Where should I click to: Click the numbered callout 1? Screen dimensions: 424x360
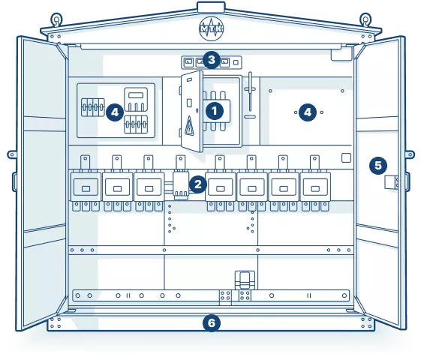[x=215, y=111]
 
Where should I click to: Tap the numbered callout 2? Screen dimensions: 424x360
[x=198, y=184]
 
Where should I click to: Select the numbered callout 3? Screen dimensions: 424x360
[x=212, y=60]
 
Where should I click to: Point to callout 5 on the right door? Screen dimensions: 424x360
[x=378, y=166]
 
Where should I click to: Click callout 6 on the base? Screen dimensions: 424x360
[x=212, y=323]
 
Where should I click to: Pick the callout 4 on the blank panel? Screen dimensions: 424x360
[x=308, y=112]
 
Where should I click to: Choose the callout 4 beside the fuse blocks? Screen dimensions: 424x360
[x=115, y=112]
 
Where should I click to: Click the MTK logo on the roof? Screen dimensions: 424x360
[x=211, y=28]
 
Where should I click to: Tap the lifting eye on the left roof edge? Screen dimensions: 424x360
[x=57, y=19]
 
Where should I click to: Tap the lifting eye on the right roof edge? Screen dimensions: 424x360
[x=365, y=19]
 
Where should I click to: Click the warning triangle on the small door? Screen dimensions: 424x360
[x=189, y=126]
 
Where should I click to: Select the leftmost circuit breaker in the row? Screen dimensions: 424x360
[x=86, y=187]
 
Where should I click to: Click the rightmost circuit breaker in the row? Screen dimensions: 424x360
[x=314, y=187]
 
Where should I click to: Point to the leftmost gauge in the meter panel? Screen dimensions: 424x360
[x=188, y=63]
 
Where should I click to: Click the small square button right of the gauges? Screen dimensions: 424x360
[x=236, y=62]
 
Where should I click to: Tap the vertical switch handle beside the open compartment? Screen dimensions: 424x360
[x=250, y=91]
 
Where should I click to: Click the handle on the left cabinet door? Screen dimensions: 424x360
[x=14, y=181]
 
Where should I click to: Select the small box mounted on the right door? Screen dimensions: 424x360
[x=391, y=182]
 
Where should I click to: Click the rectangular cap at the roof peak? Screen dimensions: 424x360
[x=211, y=7]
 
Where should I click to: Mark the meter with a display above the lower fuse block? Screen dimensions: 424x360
[x=136, y=100]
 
